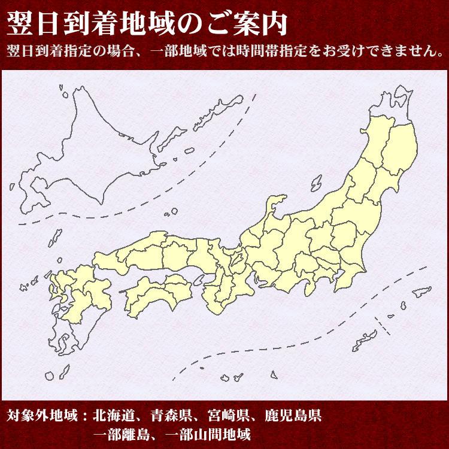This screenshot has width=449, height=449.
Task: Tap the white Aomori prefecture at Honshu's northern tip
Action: tap(392, 108)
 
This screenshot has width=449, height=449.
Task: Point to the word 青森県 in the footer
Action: tap(177, 414)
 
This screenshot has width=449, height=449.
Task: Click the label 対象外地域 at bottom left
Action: tap(41, 414)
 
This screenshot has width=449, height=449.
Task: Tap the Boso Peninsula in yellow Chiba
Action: tap(356, 263)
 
